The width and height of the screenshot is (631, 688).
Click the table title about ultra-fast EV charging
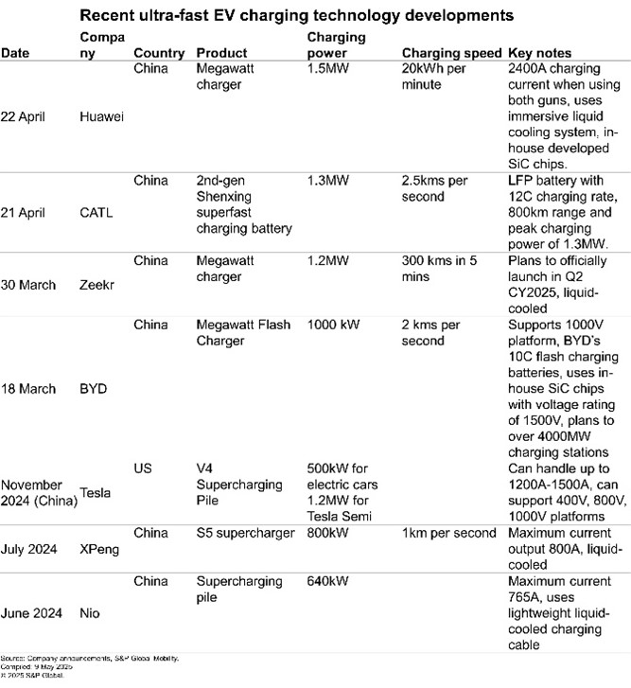point(315,17)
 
